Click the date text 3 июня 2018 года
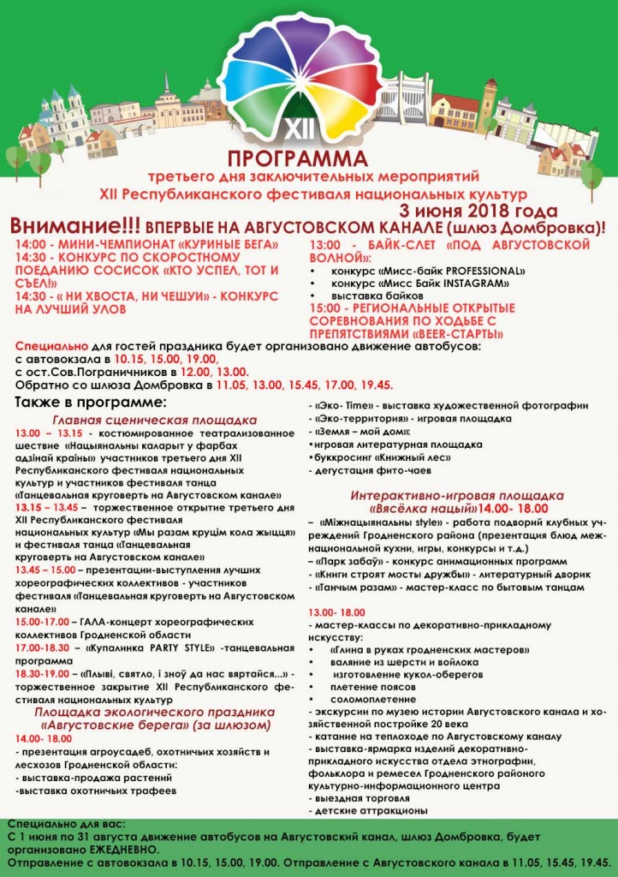[x=478, y=211]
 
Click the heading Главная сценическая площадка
[x=155, y=420]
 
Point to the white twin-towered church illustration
[x=65, y=116]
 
